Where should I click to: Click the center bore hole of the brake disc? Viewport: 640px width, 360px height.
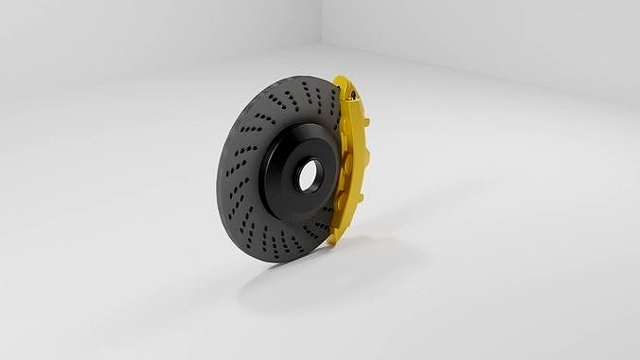(x=310, y=174)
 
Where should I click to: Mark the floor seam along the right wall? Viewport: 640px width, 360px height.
(x=492, y=76)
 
